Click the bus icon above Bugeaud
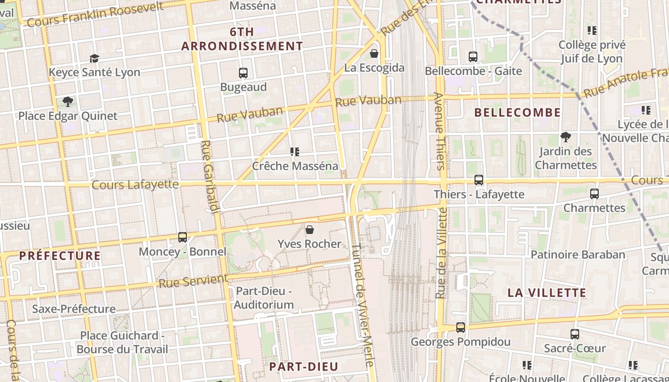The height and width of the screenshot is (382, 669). (x=243, y=73)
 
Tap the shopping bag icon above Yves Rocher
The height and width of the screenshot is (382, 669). (x=310, y=230)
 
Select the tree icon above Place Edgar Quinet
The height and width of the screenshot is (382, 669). (x=68, y=102)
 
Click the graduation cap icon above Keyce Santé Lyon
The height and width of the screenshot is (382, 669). (x=94, y=58)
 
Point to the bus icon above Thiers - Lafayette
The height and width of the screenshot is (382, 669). (x=479, y=180)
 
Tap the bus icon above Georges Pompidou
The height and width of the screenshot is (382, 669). (x=461, y=328)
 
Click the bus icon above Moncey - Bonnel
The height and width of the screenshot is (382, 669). (x=183, y=237)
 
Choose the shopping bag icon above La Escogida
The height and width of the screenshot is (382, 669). (x=374, y=53)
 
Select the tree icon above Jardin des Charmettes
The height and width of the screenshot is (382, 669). (x=566, y=138)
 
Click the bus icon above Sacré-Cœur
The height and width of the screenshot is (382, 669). (x=575, y=334)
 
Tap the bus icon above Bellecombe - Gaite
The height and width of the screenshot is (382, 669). (x=473, y=57)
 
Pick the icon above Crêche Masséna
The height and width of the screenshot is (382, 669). (x=295, y=152)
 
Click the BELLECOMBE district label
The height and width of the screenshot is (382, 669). (x=518, y=113)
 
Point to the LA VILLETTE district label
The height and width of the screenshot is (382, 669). (x=547, y=293)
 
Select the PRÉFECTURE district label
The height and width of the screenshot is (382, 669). (x=60, y=255)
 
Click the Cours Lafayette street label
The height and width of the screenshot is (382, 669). (x=135, y=184)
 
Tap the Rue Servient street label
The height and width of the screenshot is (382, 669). (x=193, y=280)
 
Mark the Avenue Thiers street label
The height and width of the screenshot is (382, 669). (x=440, y=131)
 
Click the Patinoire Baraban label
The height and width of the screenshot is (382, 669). (x=578, y=255)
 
